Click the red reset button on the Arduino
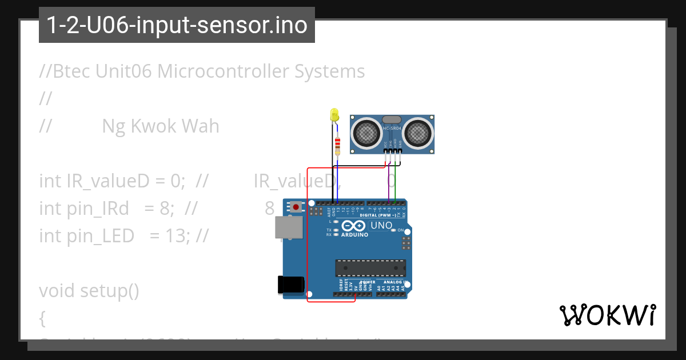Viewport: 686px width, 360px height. (296, 206)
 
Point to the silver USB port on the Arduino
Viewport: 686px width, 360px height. (286, 227)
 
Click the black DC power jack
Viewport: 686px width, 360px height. (289, 284)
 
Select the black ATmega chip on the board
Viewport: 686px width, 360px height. (370, 268)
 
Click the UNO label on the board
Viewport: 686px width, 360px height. (381, 225)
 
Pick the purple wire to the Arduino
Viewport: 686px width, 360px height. (389, 183)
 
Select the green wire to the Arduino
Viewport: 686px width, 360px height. (395, 183)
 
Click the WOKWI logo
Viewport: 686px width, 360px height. (607, 315)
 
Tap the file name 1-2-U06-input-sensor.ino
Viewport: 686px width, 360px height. (177, 25)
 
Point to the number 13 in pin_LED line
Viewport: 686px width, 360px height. (171, 235)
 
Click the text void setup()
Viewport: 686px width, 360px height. (89, 290)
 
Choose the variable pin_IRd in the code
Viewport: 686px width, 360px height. (98, 208)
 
